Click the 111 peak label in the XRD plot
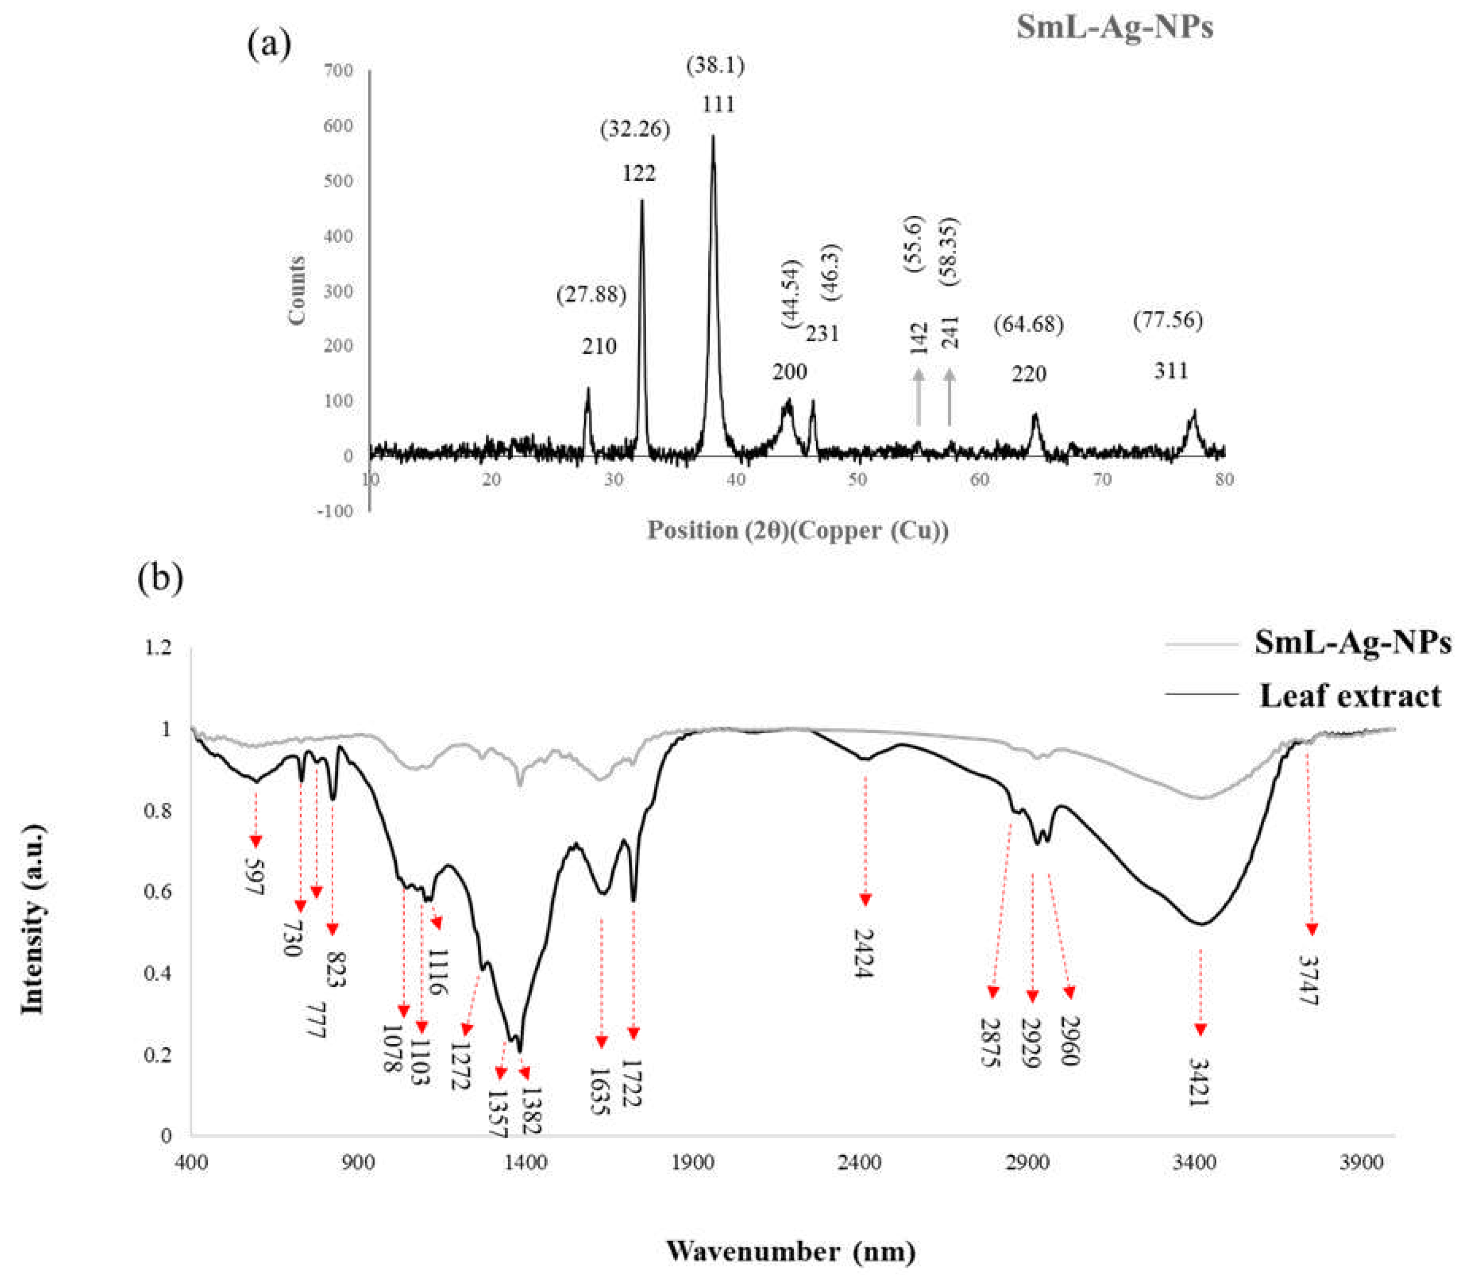(717, 105)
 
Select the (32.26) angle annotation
(635, 130)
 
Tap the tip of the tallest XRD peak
(713, 137)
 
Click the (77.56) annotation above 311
(1168, 321)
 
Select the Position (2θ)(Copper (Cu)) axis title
(797, 530)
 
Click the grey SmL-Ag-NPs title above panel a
(1114, 28)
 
